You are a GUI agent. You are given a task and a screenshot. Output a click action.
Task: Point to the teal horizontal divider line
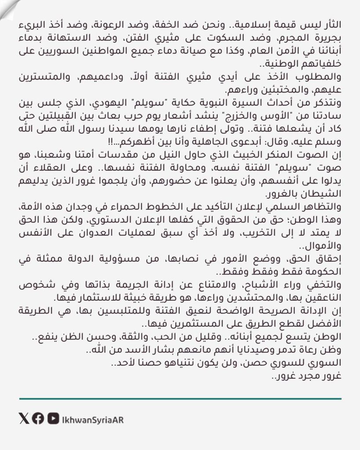pos(180,399)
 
